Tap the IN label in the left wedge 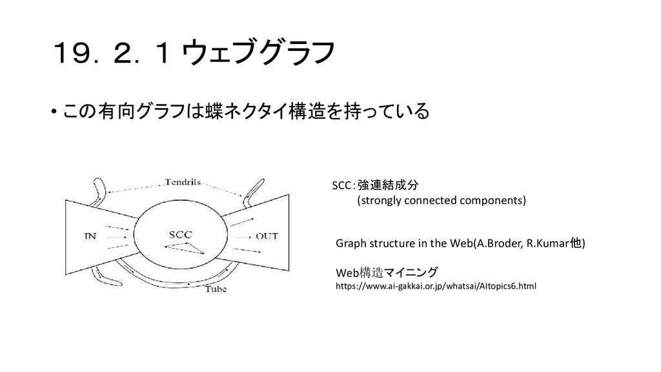[x=90, y=236]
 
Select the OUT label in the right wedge [x=266, y=236]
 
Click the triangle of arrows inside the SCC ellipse [x=188, y=247]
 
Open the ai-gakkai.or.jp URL [x=436, y=285]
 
